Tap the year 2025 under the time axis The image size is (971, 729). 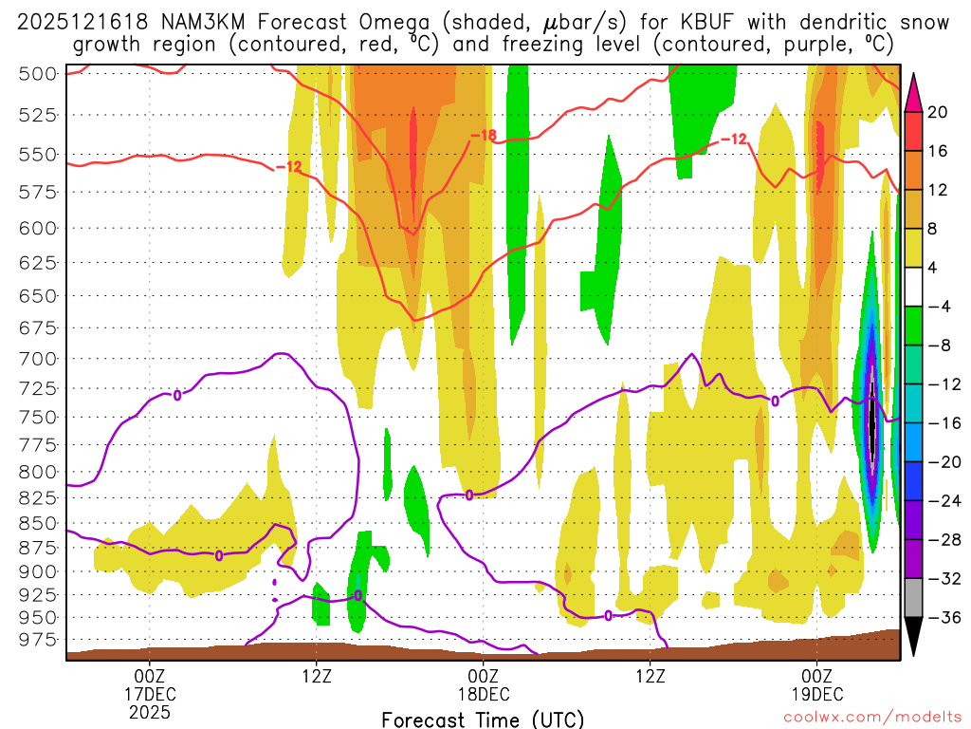coord(150,710)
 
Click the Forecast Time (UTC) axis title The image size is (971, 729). coord(483,719)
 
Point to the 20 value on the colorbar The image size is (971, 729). coord(939,112)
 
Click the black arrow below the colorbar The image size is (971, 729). coord(914,638)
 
